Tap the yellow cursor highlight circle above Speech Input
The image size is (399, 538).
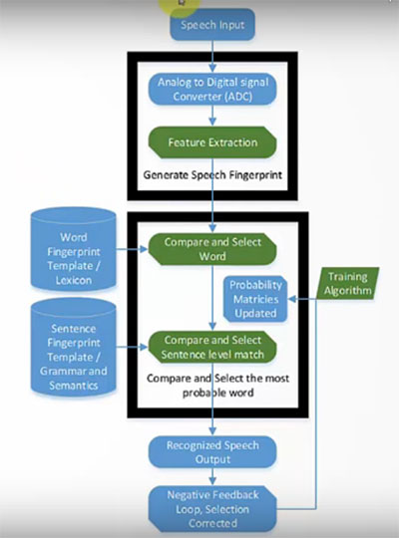pos(177,5)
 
